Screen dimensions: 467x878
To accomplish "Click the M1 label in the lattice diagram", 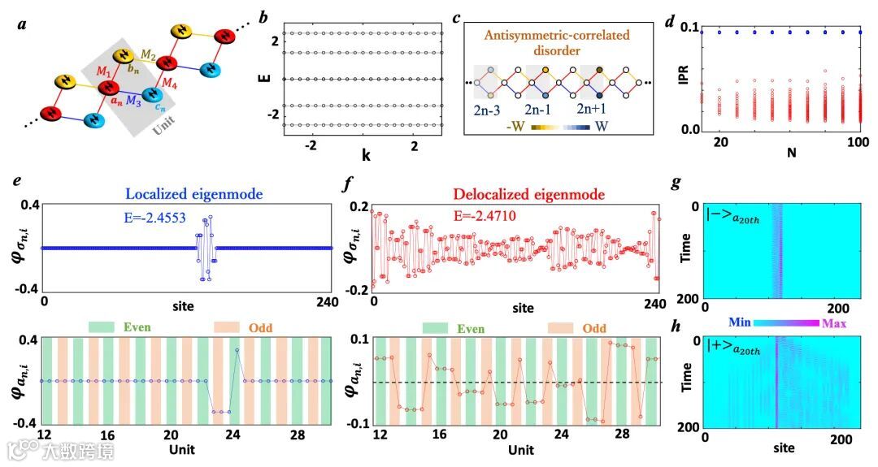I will (105, 72).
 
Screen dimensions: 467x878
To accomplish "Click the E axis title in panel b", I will (261, 79).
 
